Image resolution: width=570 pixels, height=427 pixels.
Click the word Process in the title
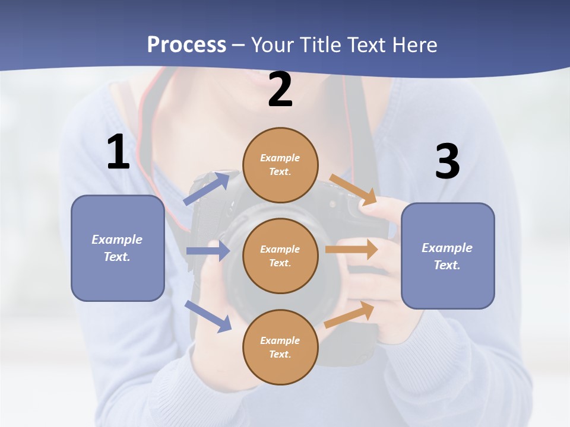[186, 44]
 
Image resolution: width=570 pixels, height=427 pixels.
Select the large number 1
[118, 152]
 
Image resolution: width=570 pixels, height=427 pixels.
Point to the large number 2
[280, 90]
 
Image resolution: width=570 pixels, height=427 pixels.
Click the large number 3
[447, 161]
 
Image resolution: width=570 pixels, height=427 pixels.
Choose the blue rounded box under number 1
[118, 248]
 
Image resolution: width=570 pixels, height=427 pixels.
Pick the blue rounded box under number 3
[448, 256]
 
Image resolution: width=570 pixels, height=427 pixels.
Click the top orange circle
[280, 165]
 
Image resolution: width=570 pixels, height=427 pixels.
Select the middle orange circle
[280, 256]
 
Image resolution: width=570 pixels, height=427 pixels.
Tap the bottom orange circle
[280, 347]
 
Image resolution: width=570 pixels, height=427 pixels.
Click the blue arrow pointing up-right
[207, 189]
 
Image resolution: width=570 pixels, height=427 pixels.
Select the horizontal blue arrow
[208, 251]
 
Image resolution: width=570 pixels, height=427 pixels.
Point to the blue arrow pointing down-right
[208, 316]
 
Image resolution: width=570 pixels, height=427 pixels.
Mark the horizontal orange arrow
[351, 249]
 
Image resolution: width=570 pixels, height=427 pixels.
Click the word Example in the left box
[117, 240]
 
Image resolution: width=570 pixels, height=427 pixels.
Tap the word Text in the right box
[446, 265]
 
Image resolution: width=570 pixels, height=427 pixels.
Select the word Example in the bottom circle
[280, 340]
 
